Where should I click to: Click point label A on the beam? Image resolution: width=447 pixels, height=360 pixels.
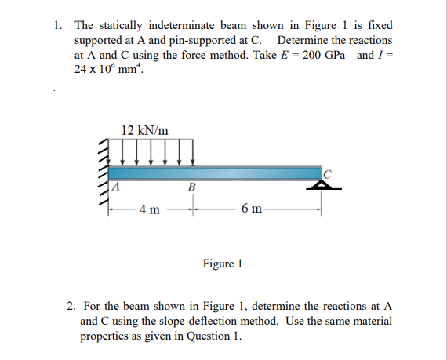click(114, 187)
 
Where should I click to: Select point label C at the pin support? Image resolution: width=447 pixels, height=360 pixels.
click(328, 173)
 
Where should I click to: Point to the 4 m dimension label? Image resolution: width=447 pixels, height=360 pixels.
click(149, 209)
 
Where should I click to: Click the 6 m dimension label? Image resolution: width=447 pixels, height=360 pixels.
click(253, 209)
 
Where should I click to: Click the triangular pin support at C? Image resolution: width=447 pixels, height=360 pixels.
click(320, 185)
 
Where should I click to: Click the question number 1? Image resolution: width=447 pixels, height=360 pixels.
click(59, 26)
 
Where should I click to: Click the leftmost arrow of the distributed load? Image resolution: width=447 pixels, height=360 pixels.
click(124, 154)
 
